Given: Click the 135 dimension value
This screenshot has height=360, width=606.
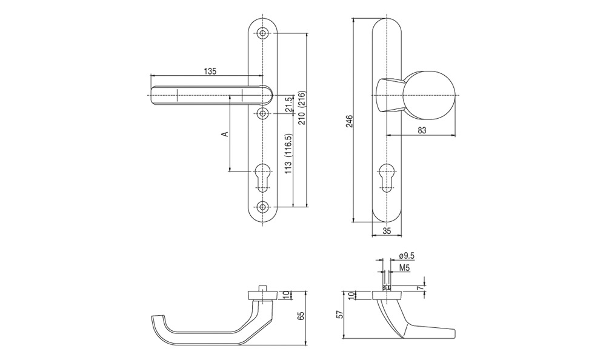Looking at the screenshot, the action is [x=210, y=71].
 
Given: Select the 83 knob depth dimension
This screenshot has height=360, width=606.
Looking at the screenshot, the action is [x=422, y=130].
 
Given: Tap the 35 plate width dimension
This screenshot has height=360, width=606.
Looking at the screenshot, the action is [x=387, y=231].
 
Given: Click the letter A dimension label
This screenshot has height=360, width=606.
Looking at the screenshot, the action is [x=225, y=134].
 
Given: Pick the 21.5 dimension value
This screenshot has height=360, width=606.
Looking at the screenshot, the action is [x=288, y=105].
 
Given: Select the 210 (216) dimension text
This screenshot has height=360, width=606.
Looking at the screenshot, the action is [x=302, y=107].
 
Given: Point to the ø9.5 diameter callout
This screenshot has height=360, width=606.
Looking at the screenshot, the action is [x=406, y=256].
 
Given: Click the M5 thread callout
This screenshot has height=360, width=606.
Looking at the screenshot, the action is [x=404, y=267].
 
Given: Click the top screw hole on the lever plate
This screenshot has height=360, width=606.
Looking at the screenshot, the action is [x=263, y=33].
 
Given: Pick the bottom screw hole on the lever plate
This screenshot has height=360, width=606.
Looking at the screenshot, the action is [x=263, y=207].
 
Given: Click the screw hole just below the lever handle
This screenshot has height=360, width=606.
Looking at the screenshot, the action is [x=263, y=114].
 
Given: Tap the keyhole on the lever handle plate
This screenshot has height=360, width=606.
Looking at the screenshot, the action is [x=263, y=178].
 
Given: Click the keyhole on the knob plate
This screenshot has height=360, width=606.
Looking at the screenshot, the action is [x=387, y=178].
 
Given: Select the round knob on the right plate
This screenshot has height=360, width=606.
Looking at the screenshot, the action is [x=433, y=96].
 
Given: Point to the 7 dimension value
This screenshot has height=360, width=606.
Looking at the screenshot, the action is [x=424, y=288].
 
